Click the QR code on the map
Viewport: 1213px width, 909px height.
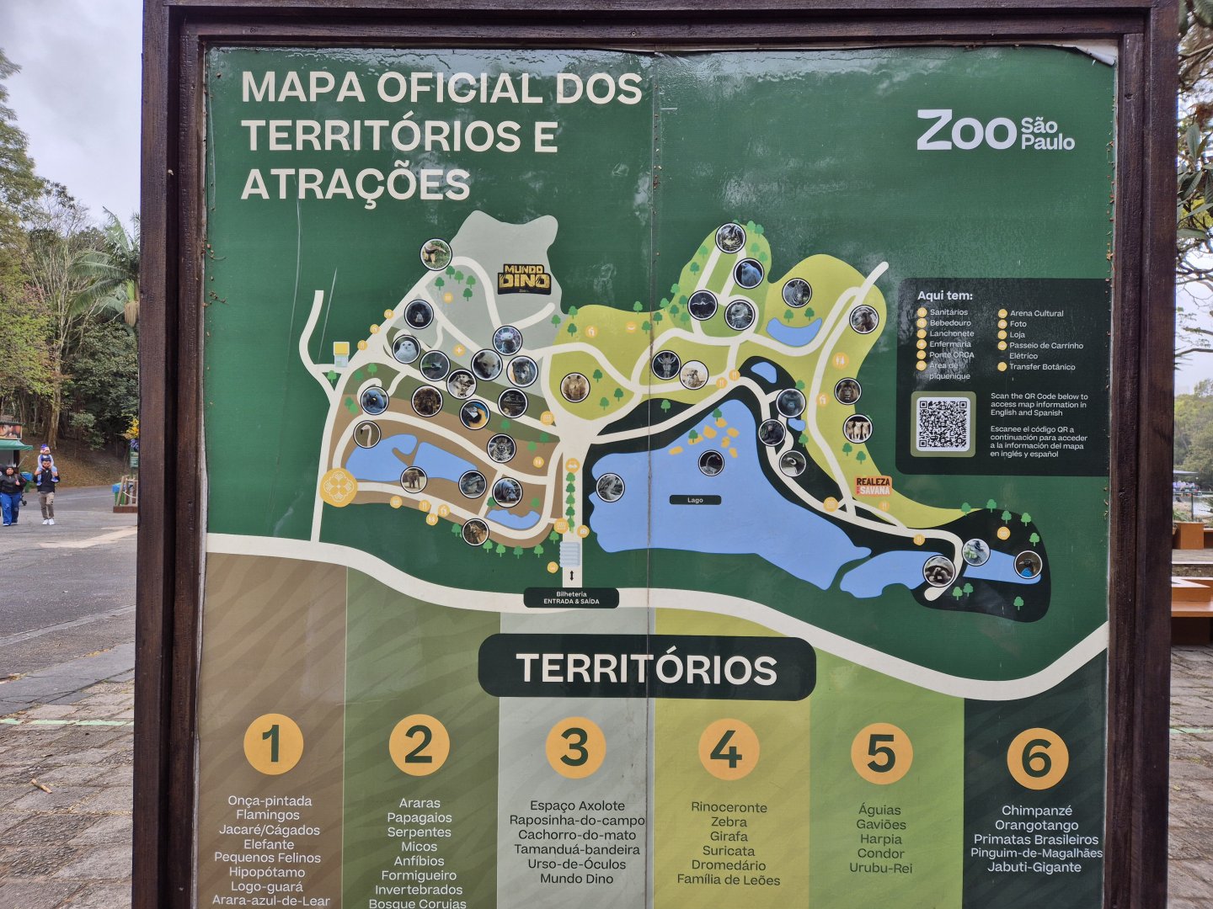[943, 424]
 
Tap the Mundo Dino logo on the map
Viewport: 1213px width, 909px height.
[524, 279]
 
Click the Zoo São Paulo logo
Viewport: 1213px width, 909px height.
[995, 130]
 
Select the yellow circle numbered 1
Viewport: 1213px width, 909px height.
[273, 744]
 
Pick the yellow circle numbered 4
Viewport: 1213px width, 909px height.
[729, 749]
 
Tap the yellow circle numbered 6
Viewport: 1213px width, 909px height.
[1037, 758]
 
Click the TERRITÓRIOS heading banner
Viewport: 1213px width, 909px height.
[646, 669]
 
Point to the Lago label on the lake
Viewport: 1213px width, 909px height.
[695, 500]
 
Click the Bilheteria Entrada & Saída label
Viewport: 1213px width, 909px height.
[571, 598]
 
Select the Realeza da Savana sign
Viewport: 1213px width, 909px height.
[873, 486]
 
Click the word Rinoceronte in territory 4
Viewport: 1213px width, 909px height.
[729, 807]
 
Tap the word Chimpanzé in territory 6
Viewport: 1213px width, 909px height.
[1036, 811]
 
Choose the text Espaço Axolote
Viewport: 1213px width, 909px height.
[577, 805]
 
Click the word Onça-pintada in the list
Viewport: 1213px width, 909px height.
[270, 800]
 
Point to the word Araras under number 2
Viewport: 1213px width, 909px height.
[419, 803]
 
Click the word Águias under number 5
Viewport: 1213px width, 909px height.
[880, 810]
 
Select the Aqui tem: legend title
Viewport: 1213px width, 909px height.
[944, 295]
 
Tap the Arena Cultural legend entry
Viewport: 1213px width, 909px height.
[1036, 313]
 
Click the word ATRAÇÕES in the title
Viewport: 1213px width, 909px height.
[355, 185]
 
